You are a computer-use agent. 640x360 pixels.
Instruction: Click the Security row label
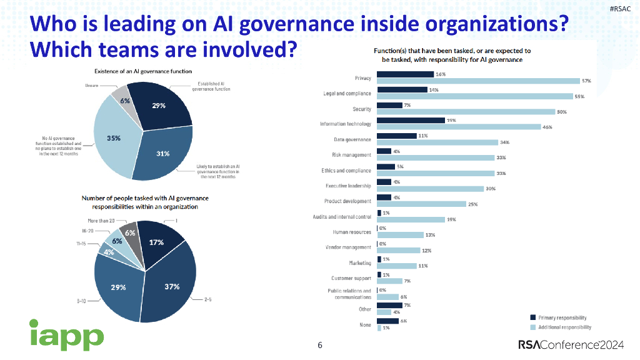point(361,109)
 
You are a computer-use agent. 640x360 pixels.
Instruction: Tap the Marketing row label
point(360,263)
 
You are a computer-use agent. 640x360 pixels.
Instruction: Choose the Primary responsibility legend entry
point(560,318)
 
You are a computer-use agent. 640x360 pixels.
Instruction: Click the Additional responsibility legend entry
point(563,327)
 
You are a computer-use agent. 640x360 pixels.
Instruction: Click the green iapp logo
point(66,335)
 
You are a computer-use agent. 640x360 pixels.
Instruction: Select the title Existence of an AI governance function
point(143,71)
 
